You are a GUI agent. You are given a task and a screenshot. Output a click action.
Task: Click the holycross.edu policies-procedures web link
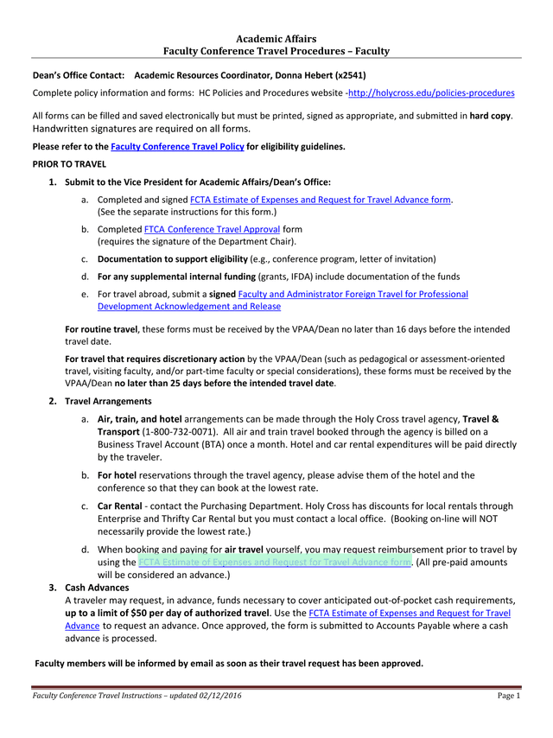(431, 92)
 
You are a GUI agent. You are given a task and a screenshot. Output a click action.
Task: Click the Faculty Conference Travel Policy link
(177, 147)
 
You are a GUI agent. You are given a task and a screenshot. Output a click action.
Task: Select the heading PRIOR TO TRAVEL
(69, 163)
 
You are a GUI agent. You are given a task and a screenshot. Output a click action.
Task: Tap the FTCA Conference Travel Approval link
(212, 229)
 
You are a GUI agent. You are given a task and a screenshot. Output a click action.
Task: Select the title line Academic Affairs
(276, 39)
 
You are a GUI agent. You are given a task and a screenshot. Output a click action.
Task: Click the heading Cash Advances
(97, 588)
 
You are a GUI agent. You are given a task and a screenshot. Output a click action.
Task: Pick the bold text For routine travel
(101, 329)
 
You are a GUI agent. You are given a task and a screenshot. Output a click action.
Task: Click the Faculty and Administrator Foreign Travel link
(353, 294)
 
